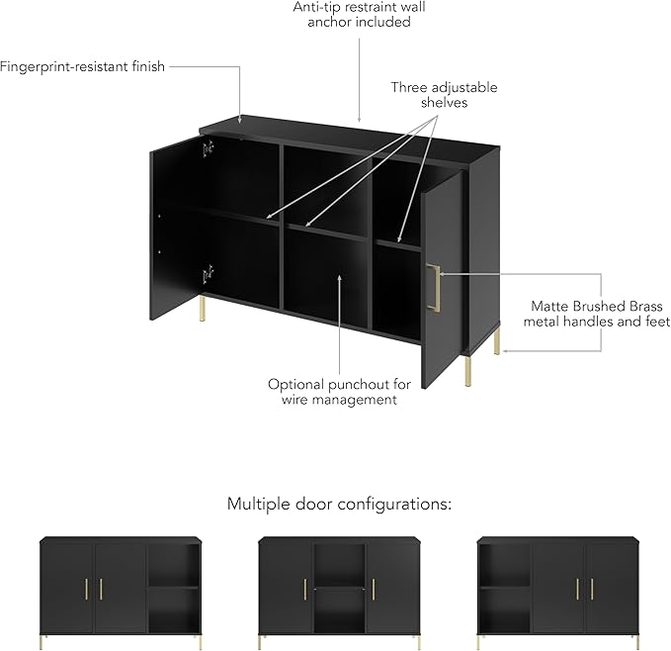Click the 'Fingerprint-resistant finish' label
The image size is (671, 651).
83,67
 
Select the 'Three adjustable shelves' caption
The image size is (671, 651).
444,95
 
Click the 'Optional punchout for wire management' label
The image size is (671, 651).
339,391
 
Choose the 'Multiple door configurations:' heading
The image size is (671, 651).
339,504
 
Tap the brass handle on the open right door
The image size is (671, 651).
433,287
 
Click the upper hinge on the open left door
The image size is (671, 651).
208,147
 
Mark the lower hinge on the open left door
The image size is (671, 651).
208,274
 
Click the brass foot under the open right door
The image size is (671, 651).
467,373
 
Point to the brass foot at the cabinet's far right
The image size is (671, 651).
497,341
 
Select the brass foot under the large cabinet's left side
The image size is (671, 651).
202,311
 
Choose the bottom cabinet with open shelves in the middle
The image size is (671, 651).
339,587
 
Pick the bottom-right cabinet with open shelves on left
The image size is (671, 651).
557,587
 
